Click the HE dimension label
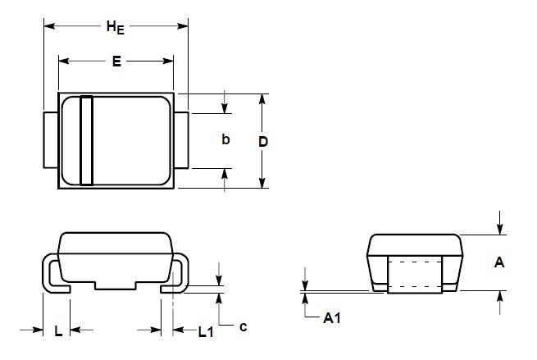point(116,27)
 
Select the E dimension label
point(116,62)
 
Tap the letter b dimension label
point(225,140)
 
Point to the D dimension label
point(263,141)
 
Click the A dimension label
point(499,262)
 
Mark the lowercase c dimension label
point(243,326)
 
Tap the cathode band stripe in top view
point(86,140)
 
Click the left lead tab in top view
point(50,140)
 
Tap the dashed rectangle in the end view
point(414,275)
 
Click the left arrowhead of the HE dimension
point(48,27)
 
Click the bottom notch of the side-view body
point(116,287)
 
